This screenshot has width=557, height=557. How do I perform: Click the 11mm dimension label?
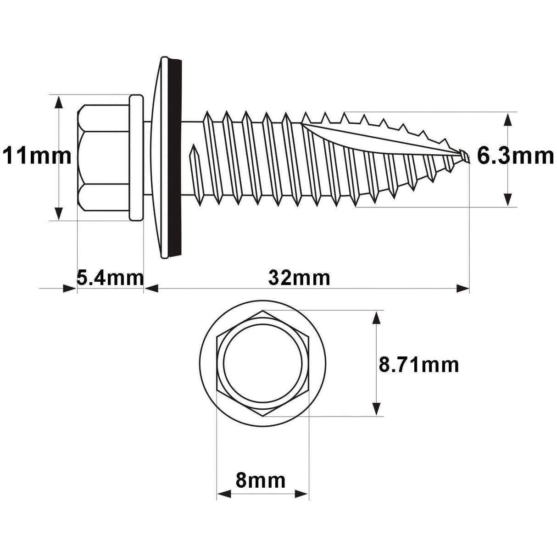point(37,156)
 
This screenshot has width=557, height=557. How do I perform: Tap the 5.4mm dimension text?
point(110,278)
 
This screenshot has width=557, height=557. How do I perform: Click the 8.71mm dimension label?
point(418,365)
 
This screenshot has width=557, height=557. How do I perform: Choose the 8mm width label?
point(260,480)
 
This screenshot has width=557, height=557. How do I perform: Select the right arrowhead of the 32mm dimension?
point(462,289)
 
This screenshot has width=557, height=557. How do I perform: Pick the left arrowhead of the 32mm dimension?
point(151,289)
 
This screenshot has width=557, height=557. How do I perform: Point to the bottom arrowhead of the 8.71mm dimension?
point(377,409)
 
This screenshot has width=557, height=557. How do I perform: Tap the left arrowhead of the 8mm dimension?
point(223,494)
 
